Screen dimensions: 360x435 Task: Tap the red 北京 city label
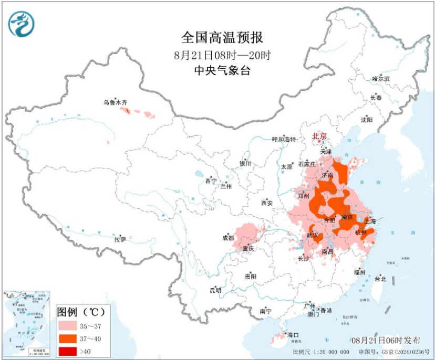319,136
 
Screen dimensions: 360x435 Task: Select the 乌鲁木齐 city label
115,103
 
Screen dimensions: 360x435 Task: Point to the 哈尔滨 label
381,79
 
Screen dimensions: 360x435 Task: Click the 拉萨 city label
120,239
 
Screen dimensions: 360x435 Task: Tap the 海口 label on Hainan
292,335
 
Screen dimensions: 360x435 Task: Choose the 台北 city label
379,279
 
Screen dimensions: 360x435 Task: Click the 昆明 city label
215,290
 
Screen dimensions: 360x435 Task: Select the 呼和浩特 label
284,139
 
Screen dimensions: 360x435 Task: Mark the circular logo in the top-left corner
21,24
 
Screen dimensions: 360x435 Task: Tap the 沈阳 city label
366,120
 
